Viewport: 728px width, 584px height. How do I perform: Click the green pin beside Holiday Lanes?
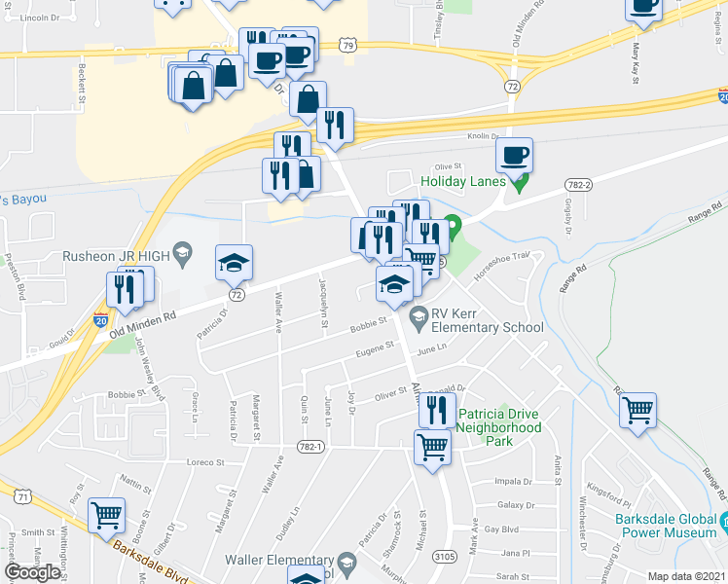click(521, 181)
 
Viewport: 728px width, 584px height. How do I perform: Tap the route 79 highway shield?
click(348, 45)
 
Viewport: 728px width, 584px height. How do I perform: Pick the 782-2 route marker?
click(579, 184)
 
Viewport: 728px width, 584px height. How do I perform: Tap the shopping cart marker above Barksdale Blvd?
click(106, 515)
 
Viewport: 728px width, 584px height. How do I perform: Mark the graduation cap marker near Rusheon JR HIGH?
click(234, 263)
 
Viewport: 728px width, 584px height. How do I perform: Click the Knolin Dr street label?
click(483, 137)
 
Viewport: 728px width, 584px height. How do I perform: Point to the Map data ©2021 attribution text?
click(686, 576)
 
